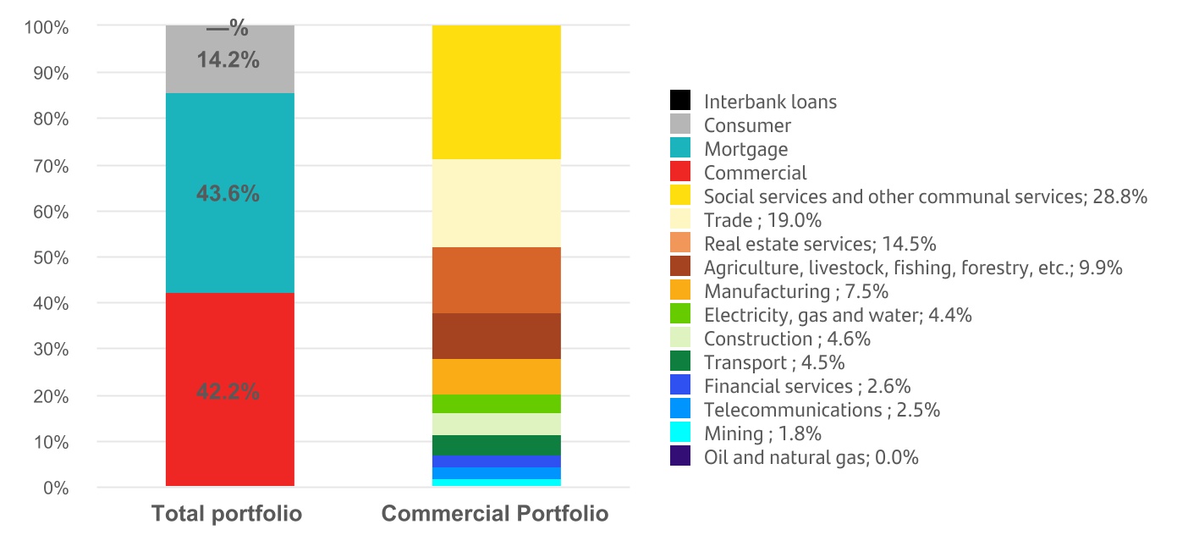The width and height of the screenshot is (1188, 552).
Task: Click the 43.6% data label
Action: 228,194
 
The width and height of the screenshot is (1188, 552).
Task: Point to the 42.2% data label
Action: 228,392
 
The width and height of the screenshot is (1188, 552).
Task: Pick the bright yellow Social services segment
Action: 496,92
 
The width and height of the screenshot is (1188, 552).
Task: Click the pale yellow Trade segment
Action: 496,203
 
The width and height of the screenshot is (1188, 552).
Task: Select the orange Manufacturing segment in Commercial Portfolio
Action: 496,377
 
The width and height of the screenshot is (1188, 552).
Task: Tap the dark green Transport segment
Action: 496,445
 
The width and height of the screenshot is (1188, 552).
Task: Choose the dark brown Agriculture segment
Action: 496,336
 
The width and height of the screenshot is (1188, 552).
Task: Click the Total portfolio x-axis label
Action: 227,514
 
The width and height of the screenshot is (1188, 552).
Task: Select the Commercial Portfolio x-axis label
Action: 495,514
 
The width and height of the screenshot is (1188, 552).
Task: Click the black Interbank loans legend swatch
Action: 680,102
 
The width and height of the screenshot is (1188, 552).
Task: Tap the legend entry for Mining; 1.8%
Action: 762,434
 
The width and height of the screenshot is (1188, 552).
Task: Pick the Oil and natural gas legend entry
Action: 811,458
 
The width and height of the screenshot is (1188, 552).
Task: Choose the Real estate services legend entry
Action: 819,245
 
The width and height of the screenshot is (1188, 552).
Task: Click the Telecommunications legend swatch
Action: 680,411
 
